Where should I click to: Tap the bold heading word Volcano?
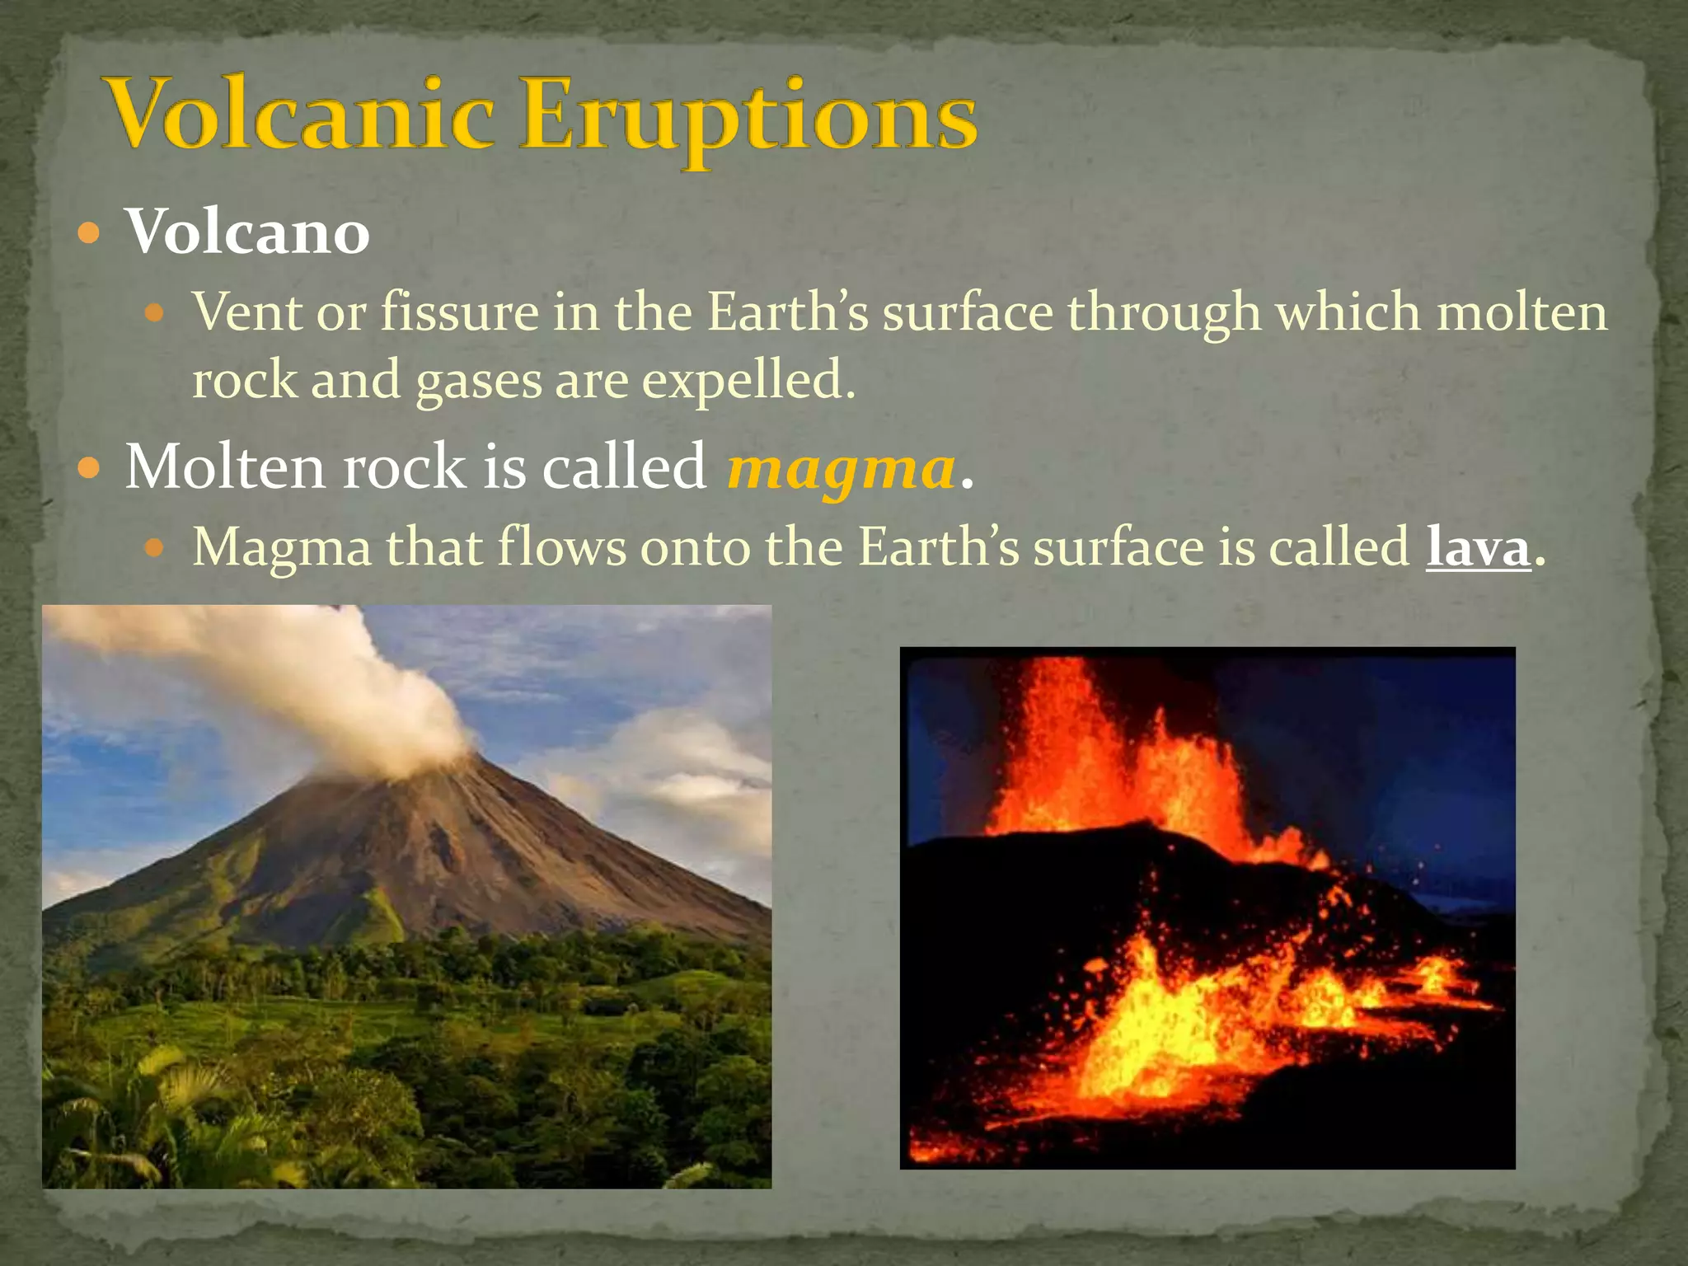[x=247, y=233]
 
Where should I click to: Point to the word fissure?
[x=459, y=314]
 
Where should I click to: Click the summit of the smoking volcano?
[x=462, y=762]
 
